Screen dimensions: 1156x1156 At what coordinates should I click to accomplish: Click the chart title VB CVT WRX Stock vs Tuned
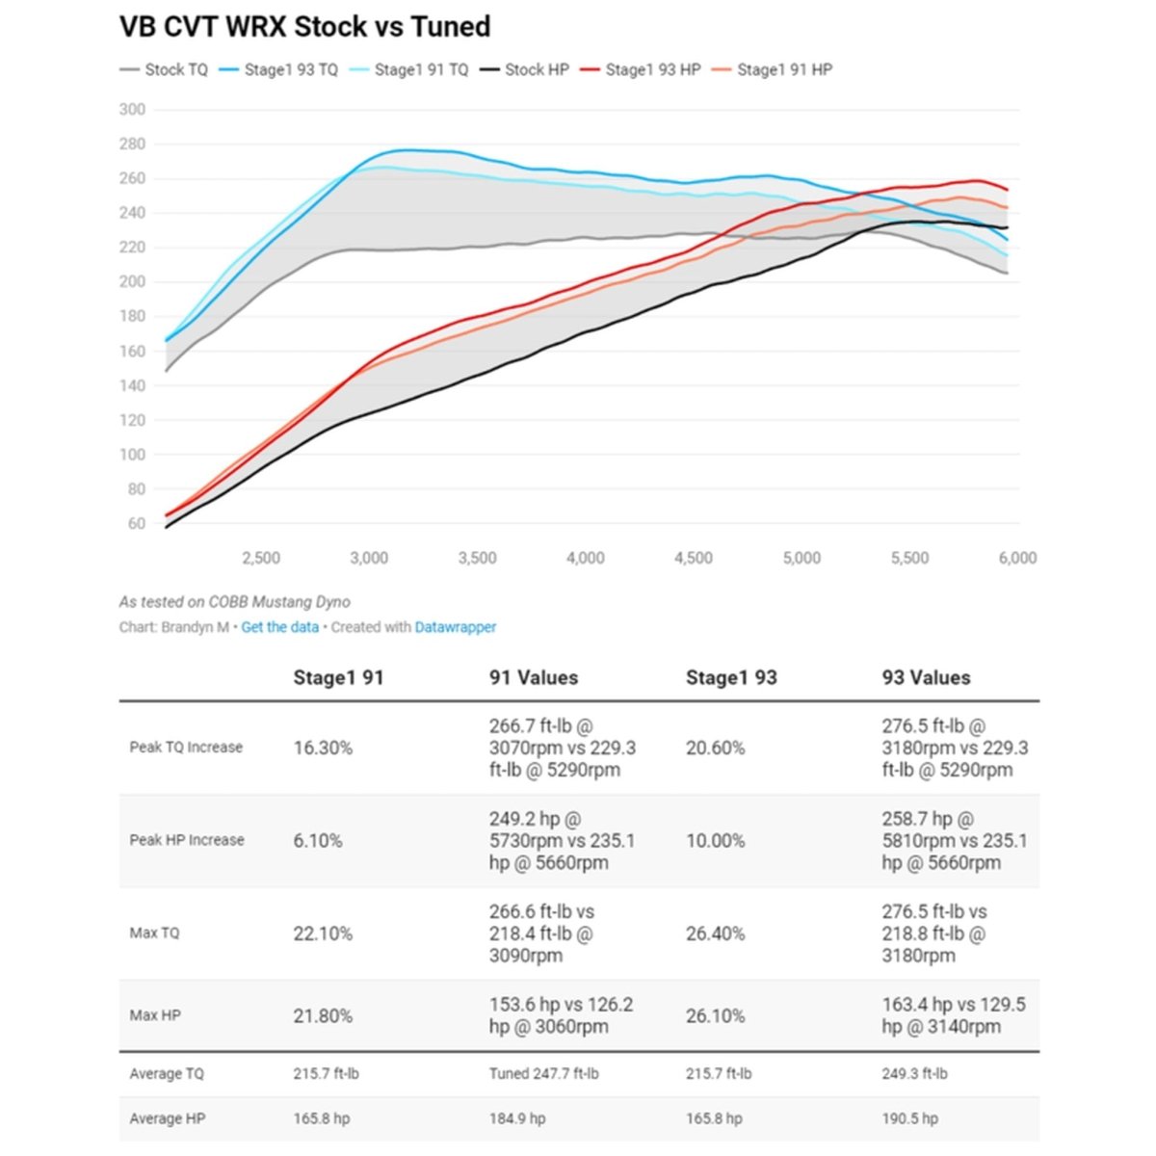(x=304, y=27)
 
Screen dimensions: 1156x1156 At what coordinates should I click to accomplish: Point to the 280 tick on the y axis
(x=133, y=144)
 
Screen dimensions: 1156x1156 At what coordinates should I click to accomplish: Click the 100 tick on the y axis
(x=133, y=455)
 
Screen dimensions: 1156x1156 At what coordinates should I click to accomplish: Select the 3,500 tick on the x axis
(x=477, y=558)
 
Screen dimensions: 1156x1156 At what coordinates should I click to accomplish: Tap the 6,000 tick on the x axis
(x=1017, y=558)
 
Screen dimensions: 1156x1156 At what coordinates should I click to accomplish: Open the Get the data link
(x=279, y=627)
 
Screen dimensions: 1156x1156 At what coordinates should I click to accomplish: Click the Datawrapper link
(x=456, y=627)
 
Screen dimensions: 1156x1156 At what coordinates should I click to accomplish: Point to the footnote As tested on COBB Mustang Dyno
(x=234, y=602)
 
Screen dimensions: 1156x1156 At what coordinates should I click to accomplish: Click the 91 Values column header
(x=534, y=677)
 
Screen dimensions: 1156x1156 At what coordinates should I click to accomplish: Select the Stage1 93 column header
(x=731, y=677)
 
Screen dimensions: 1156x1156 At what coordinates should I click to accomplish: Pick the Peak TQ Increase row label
(x=186, y=748)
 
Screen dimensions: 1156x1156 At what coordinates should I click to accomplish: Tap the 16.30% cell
(x=323, y=748)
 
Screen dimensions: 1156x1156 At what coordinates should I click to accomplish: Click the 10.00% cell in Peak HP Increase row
(x=715, y=841)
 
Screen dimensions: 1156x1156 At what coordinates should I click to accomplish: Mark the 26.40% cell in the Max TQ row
(x=715, y=933)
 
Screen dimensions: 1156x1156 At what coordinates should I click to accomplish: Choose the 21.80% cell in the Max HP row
(x=323, y=1015)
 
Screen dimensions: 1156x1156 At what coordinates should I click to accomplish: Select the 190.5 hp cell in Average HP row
(x=909, y=1118)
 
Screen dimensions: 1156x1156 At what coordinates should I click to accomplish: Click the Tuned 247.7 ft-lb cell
(x=543, y=1073)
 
